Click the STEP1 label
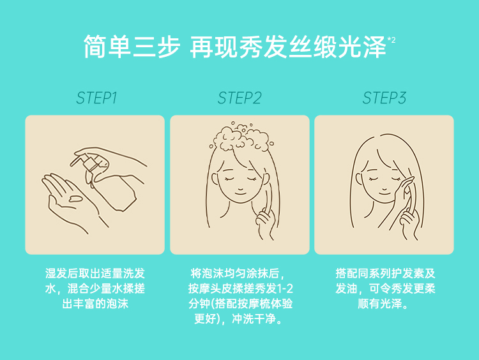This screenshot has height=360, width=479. (96, 98)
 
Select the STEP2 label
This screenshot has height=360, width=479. (240, 98)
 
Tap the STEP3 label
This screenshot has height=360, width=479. (384, 98)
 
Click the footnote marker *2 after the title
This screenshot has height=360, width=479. (392, 40)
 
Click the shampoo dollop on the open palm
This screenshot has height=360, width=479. (75, 199)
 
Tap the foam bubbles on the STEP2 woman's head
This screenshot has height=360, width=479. (241, 137)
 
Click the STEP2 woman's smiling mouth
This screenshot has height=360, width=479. (240, 192)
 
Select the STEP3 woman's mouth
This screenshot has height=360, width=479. (384, 192)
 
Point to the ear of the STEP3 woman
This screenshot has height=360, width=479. (359, 179)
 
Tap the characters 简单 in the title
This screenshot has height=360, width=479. (107, 47)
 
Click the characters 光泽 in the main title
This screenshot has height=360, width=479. (362, 47)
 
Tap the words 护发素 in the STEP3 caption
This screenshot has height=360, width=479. (407, 273)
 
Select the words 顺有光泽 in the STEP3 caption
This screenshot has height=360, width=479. (380, 304)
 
